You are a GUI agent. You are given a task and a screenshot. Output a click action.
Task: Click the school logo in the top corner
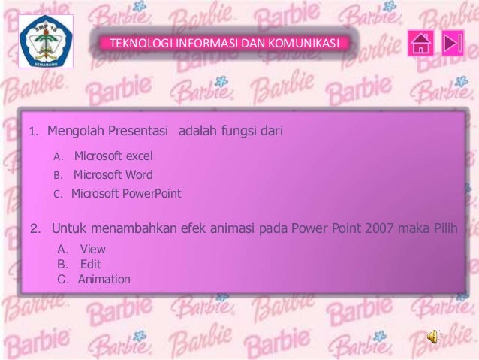pos(45,44)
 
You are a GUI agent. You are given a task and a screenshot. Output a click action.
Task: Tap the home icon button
pos(420,44)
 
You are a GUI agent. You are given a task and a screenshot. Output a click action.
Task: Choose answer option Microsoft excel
pos(113,156)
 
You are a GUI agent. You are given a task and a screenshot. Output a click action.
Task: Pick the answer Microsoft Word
pos(113,175)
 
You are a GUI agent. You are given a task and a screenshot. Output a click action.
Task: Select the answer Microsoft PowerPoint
pos(126,193)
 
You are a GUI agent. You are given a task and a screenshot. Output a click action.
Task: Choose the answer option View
pos(92,249)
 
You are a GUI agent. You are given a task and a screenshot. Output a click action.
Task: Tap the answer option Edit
pos(90,264)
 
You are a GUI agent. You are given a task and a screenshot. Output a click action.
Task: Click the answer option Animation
pos(104,280)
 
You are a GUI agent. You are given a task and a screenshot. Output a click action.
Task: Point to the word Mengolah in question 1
pos(74,133)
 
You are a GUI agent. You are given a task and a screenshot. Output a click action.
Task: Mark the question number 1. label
pos(33,134)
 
